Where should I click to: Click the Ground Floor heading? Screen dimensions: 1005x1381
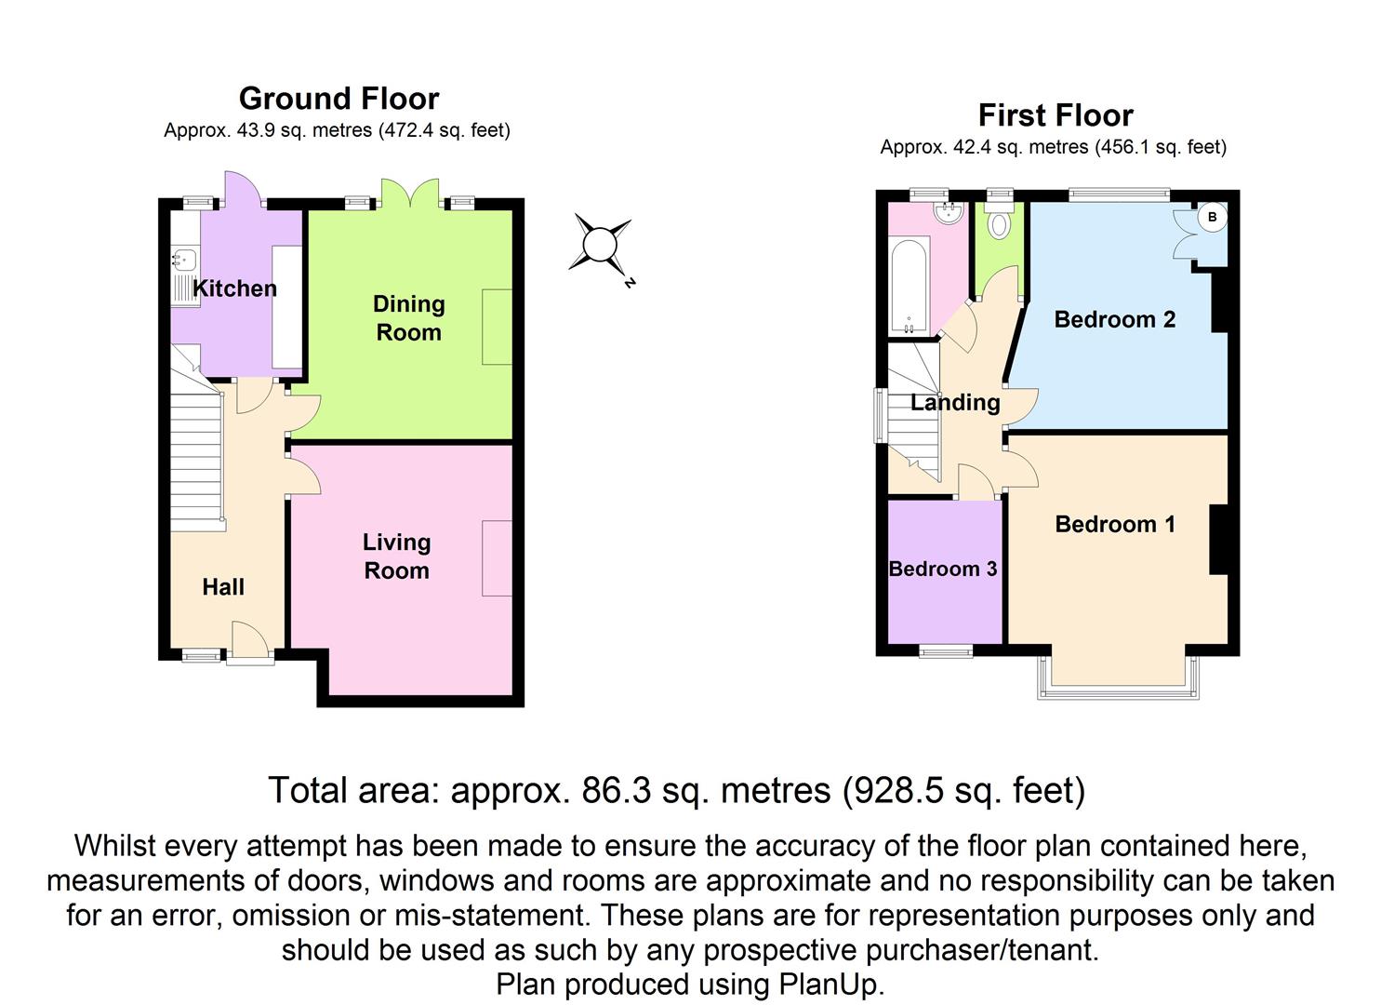[339, 99]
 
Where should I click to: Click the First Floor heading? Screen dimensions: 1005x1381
[1056, 115]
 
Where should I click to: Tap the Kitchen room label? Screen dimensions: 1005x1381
[234, 288]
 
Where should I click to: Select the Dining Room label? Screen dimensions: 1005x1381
[408, 318]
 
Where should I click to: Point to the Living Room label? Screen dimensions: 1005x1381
[396, 556]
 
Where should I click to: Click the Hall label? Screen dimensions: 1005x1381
[223, 586]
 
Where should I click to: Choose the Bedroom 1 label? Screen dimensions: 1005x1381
[1114, 524]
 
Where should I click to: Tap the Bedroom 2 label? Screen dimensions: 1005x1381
[1114, 319]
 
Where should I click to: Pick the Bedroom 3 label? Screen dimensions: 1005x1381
[942, 569]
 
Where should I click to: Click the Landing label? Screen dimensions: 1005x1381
[954, 402]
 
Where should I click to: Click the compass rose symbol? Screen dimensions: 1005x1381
[600, 245]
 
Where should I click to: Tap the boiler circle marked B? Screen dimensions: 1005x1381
[1212, 218]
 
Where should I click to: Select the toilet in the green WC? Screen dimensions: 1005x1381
[1000, 224]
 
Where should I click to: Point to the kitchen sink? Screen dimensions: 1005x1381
[182, 261]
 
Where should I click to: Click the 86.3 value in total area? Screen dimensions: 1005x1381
[612, 791]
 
